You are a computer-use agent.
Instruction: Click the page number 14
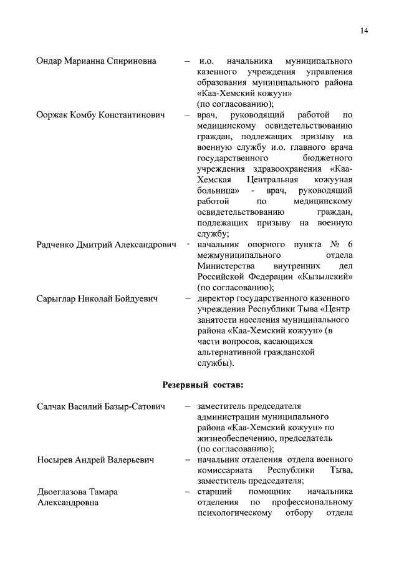click(364, 30)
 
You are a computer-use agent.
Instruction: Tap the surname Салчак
click(53, 407)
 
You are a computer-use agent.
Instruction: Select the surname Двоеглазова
click(65, 492)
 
